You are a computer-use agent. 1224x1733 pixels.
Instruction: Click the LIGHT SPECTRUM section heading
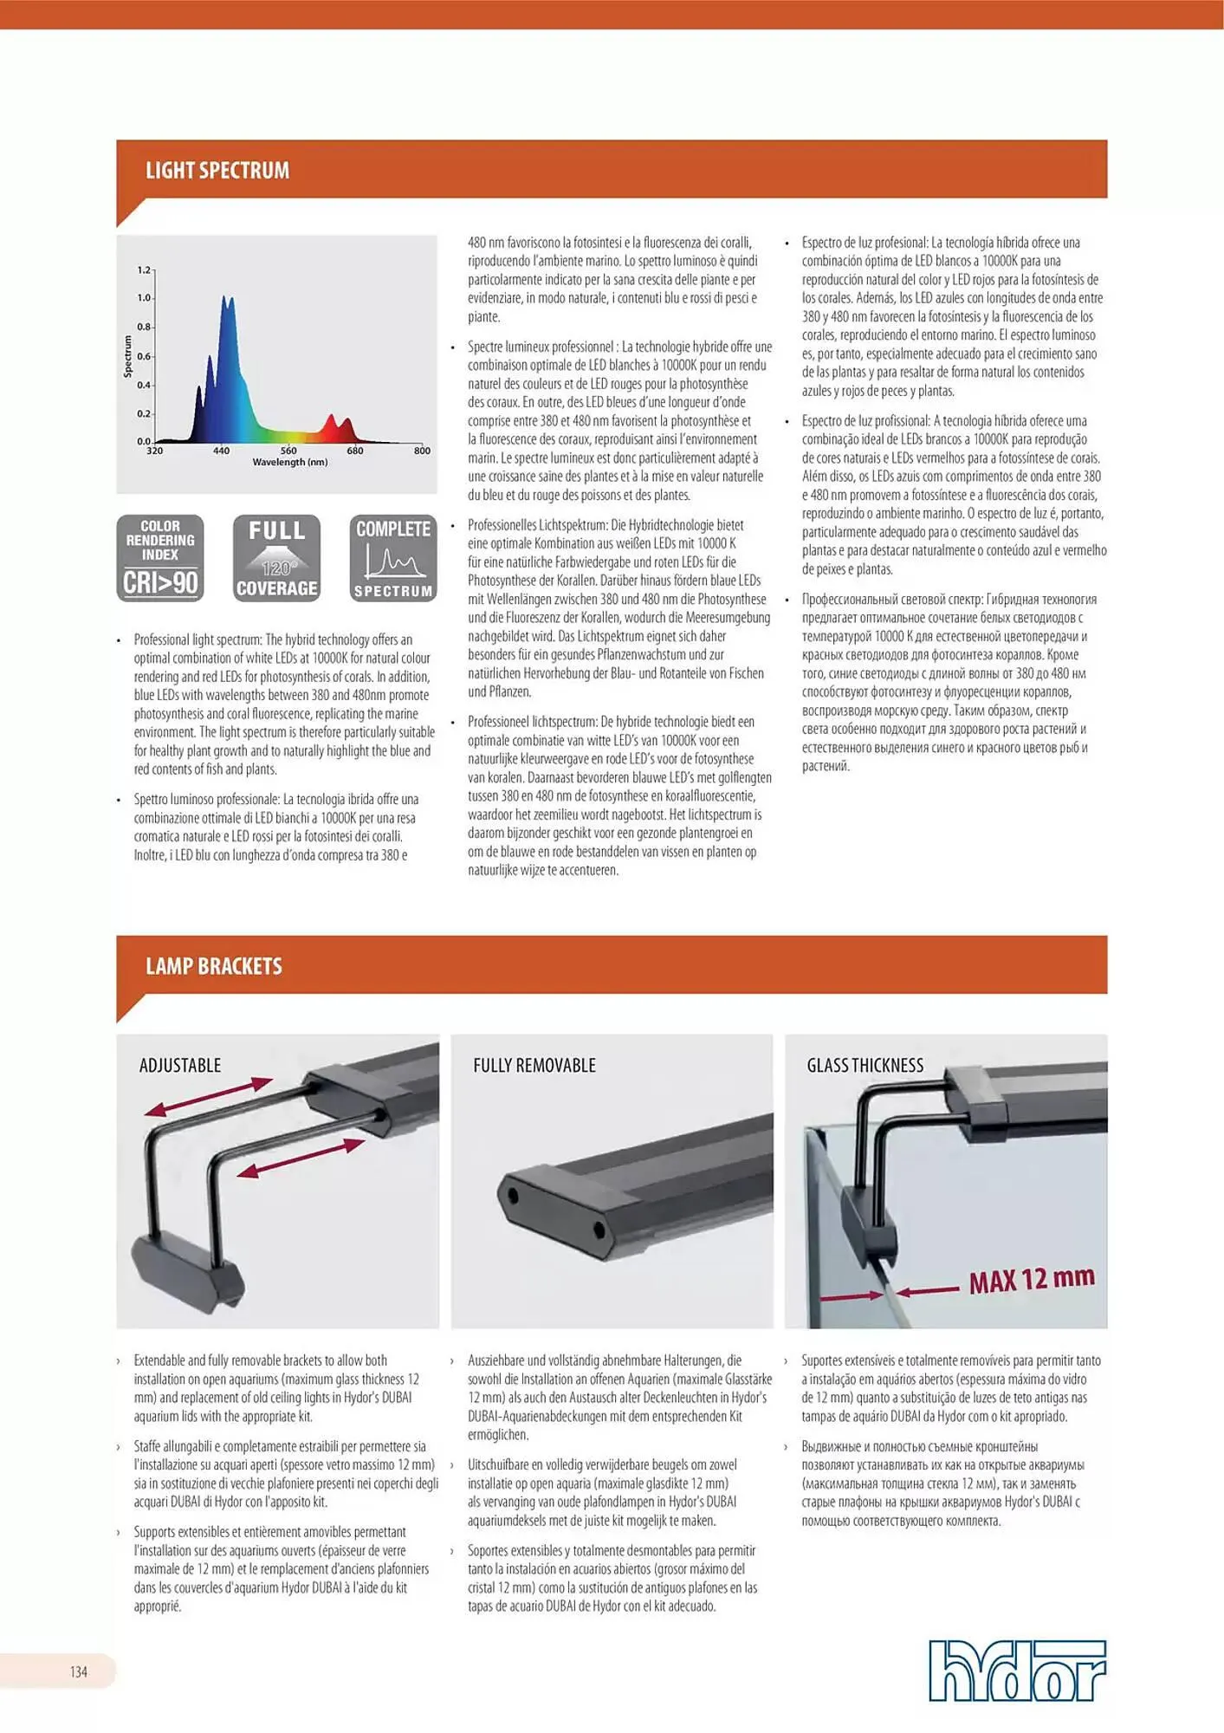(217, 171)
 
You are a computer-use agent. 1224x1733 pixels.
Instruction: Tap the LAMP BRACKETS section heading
(214, 966)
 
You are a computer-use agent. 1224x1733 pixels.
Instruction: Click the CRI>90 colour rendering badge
(160, 558)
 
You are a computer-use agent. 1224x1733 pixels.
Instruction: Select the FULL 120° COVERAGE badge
(276, 558)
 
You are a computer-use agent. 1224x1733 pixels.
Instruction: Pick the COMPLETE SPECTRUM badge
(393, 558)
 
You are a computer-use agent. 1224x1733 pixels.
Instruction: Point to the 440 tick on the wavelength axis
(222, 451)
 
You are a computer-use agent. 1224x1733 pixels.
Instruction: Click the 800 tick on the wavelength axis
(422, 451)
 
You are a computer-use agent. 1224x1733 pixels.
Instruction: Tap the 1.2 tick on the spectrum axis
(144, 270)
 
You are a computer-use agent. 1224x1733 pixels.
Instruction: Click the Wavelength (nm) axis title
(290, 463)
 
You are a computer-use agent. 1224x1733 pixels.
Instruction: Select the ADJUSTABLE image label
(180, 1066)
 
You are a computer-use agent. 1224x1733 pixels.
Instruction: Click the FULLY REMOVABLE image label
(534, 1066)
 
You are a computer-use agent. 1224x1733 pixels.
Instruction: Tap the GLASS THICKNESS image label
(865, 1066)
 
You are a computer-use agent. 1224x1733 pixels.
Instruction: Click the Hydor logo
(1017, 1670)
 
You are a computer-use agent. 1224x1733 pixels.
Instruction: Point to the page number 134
(79, 1671)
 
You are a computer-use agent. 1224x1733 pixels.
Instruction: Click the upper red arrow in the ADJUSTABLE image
(209, 1096)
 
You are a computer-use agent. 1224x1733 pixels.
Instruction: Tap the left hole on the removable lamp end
(513, 1197)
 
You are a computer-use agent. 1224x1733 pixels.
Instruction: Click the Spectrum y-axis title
(128, 356)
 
